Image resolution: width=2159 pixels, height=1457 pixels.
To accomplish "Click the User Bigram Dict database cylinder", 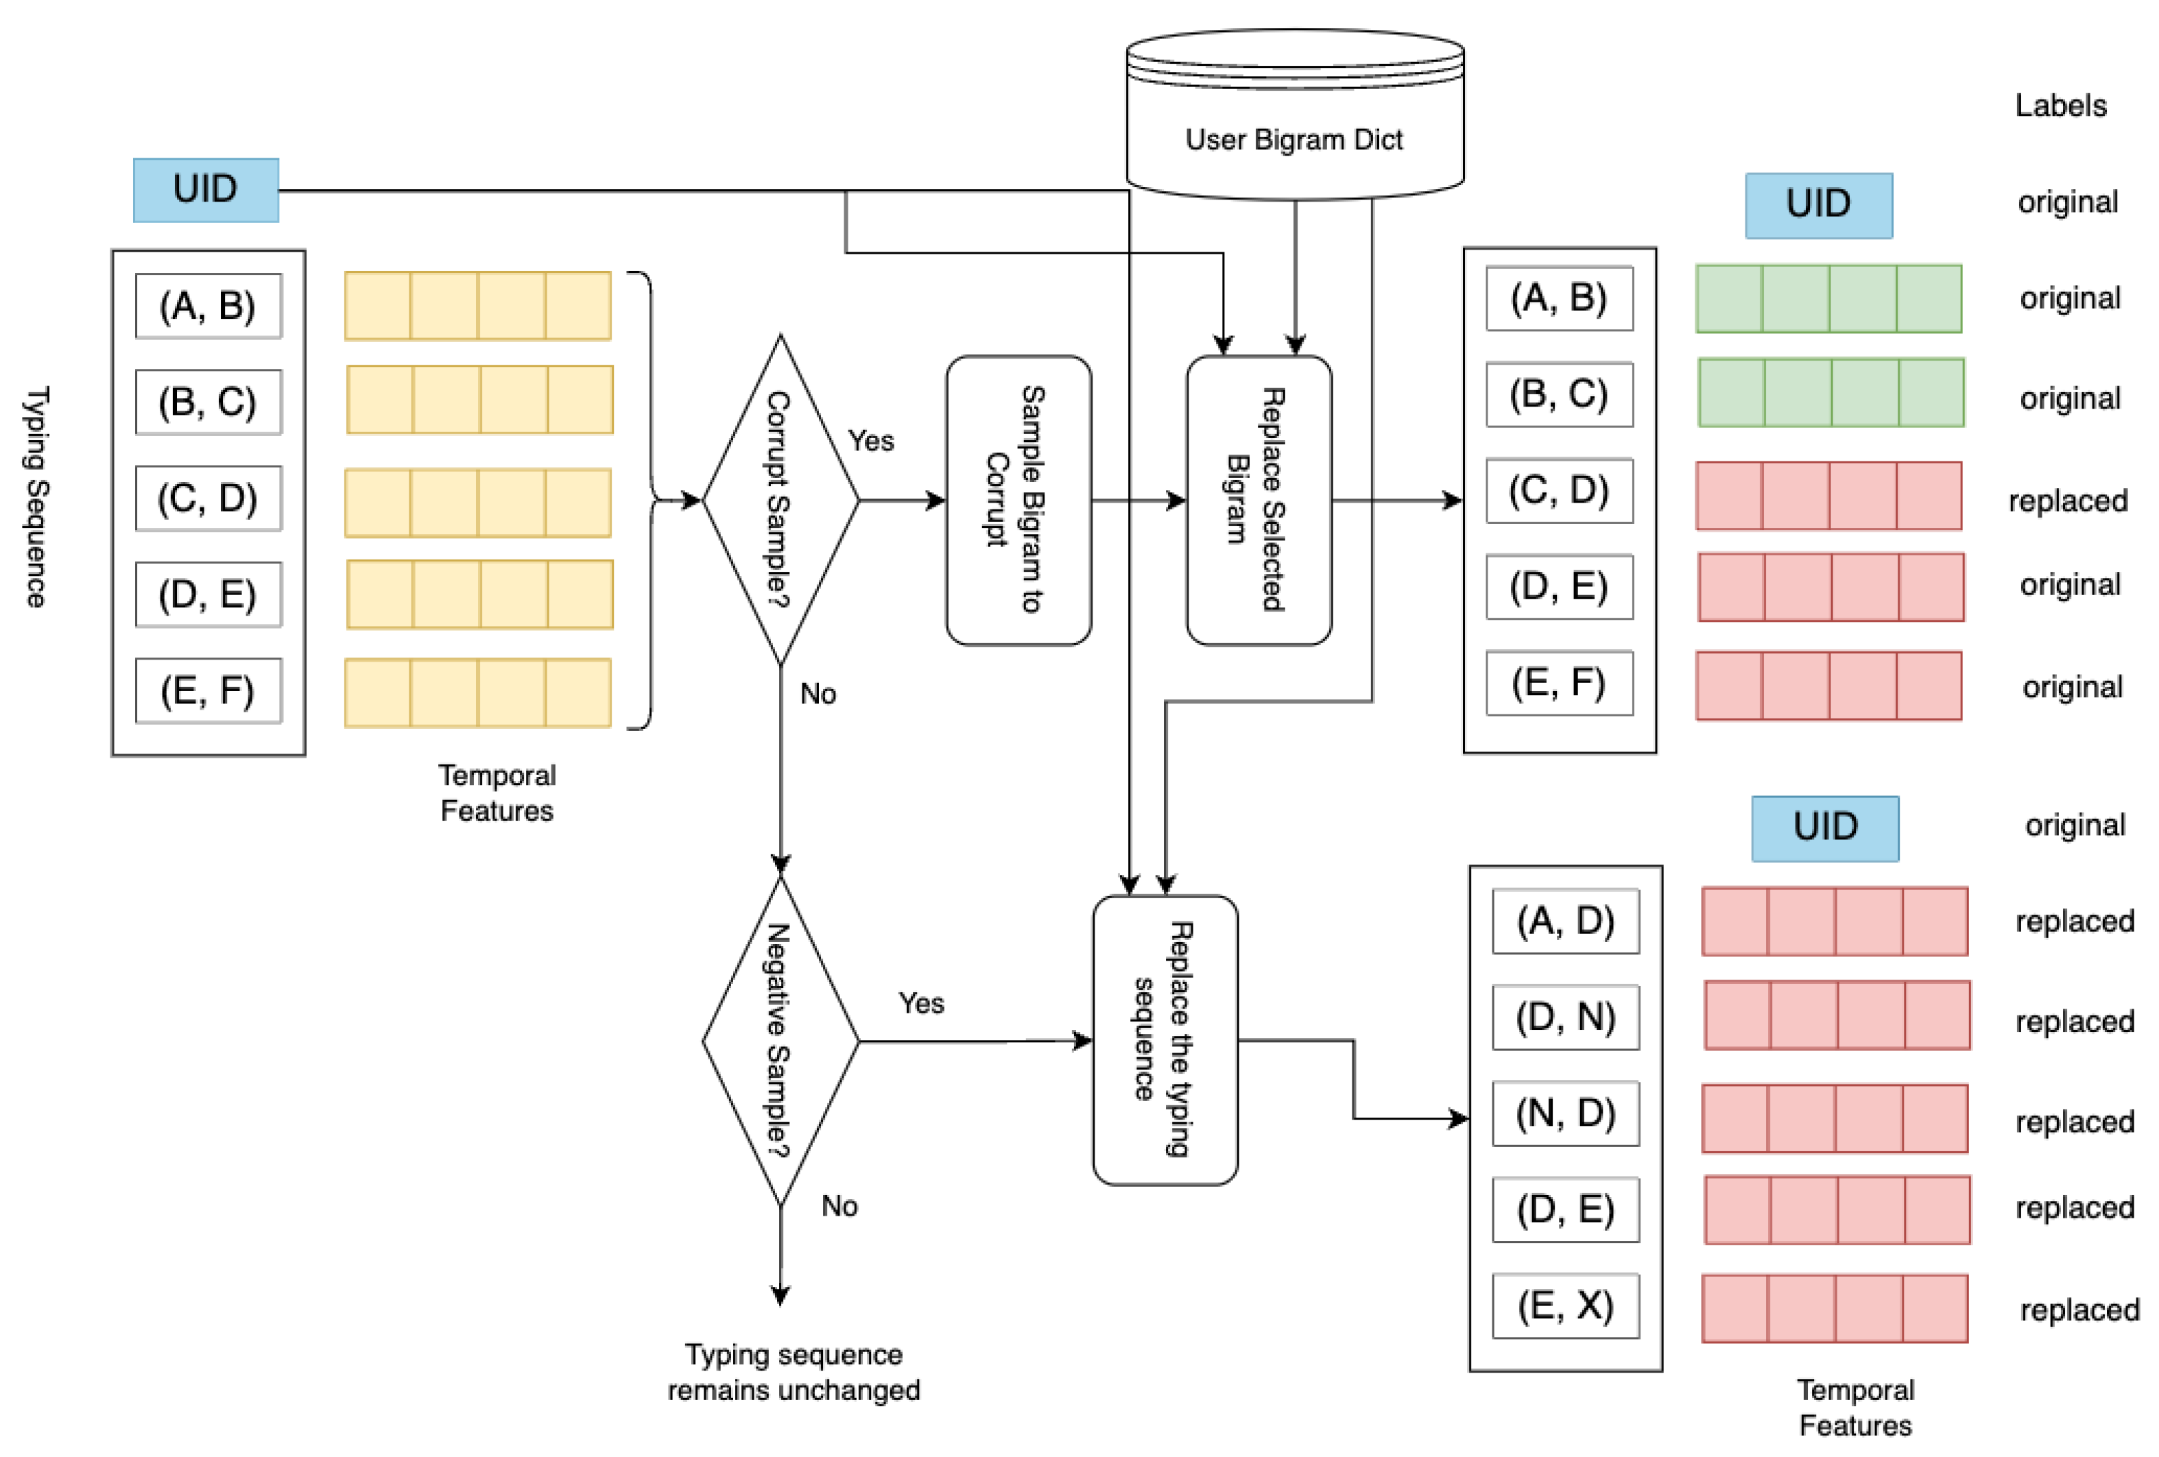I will [x=1294, y=116].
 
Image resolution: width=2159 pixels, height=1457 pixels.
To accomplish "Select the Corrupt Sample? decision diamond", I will [x=780, y=500].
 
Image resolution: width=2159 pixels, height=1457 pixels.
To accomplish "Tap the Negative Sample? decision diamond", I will [x=780, y=1041].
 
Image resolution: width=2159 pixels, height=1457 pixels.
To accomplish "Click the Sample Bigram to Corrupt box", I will [x=1018, y=500].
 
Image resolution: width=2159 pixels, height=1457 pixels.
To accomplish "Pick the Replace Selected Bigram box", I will [x=1259, y=500].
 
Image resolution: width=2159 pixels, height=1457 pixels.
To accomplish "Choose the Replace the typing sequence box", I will [x=1165, y=1040].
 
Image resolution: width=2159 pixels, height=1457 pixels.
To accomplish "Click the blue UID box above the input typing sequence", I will [x=205, y=189].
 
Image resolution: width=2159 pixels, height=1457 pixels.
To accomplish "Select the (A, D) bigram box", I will [x=1565, y=922].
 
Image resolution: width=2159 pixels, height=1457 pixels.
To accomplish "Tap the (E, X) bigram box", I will [x=1565, y=1305].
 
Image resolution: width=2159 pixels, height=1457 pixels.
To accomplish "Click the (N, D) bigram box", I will [x=1565, y=1113].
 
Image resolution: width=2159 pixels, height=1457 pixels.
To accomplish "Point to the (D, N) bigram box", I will [x=1565, y=1018].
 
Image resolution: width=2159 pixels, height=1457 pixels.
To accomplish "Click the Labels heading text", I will [x=2060, y=106].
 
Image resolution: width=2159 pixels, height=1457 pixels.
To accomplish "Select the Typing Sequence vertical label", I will [x=35, y=497].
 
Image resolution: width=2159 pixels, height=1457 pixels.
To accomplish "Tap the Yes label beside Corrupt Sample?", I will [x=870, y=441].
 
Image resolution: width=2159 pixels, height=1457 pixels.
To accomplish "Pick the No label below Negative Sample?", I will [x=839, y=1206].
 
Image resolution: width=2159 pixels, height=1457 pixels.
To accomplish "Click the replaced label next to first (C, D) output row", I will [x=2067, y=501].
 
